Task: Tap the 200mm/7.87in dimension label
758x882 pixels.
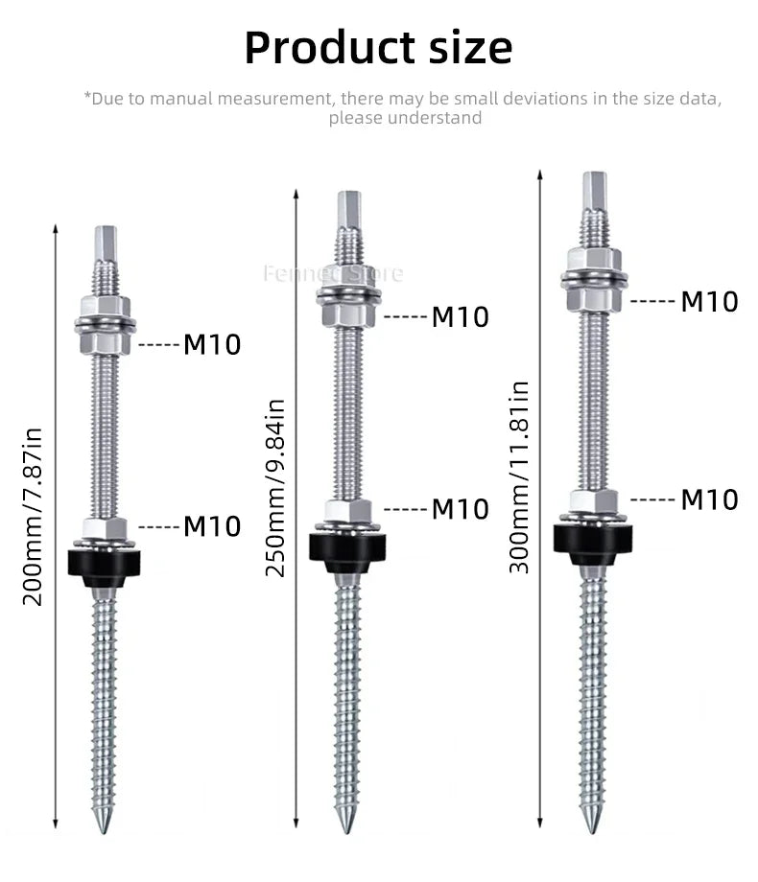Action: pos(34,515)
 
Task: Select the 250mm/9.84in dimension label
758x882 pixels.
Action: pos(275,487)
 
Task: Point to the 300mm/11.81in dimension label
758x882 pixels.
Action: pos(519,476)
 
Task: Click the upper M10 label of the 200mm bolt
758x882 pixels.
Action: pos(212,344)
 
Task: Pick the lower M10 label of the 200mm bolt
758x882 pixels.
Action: pos(212,526)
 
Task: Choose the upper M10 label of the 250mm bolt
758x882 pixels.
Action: pos(460,316)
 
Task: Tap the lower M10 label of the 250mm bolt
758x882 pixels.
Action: pos(460,509)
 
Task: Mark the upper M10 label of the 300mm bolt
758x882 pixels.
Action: pos(709,301)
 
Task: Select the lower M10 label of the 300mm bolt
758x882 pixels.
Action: pos(709,499)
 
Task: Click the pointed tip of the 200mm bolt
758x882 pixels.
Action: pos(105,823)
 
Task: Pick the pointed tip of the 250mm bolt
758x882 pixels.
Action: pos(346,823)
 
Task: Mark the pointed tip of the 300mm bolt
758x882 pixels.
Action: pos(592,823)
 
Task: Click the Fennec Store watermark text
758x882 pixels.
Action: pos(333,273)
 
